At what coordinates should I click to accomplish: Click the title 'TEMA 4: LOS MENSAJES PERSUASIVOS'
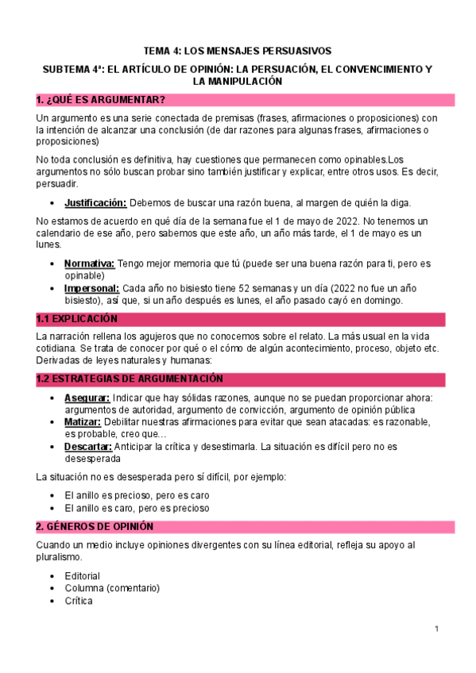[238, 50]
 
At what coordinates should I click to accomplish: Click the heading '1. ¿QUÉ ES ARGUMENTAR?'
[101, 100]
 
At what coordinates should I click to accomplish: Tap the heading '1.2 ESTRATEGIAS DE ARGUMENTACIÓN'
[130, 379]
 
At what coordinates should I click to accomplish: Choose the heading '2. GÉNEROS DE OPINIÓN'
[100, 527]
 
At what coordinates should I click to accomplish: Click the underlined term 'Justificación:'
[95, 202]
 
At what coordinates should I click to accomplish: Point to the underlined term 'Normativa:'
[89, 263]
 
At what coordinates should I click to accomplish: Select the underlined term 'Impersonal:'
[92, 288]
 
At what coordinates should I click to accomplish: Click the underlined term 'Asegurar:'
[87, 398]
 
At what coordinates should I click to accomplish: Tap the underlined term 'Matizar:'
[86, 422]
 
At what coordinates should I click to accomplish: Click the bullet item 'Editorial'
[83, 575]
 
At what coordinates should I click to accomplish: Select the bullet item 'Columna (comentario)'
[112, 588]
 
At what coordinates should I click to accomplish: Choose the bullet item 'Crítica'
[79, 601]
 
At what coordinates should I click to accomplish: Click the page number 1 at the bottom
[437, 629]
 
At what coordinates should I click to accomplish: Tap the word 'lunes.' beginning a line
[49, 245]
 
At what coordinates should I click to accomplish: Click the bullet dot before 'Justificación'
[52, 203]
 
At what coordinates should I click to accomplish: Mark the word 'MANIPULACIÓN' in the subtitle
[238, 82]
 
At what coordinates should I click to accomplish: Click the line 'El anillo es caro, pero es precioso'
[137, 507]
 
